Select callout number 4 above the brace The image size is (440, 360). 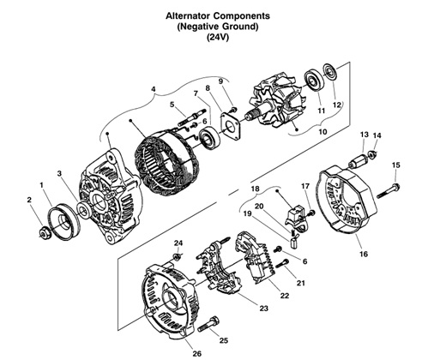(153, 88)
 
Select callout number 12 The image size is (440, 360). (337, 105)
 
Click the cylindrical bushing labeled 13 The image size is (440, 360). (360, 159)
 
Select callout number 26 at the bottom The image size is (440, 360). (196, 351)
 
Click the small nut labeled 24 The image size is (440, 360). (177, 256)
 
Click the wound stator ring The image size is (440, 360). (162, 157)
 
